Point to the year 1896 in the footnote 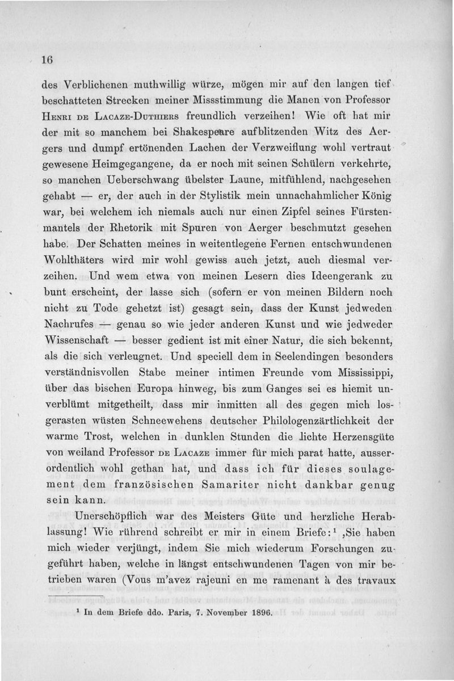coord(261,613)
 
